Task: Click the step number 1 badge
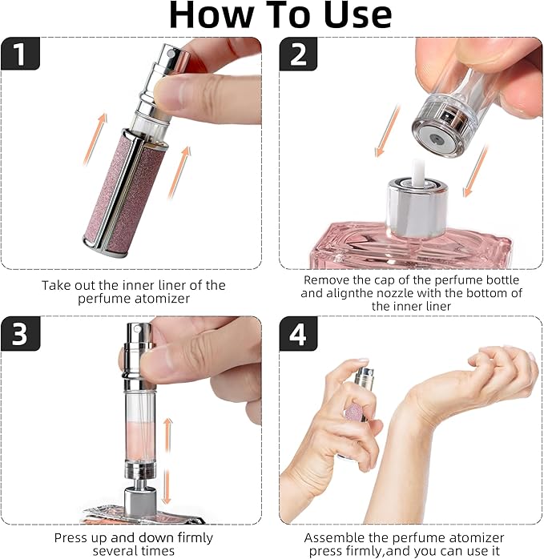click(x=20, y=54)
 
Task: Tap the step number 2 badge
click(x=298, y=54)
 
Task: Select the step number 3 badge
click(x=20, y=334)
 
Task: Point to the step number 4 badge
click(x=298, y=334)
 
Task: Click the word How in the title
click(x=212, y=15)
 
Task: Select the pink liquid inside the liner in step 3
click(x=139, y=440)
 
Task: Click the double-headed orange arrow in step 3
click(x=167, y=461)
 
